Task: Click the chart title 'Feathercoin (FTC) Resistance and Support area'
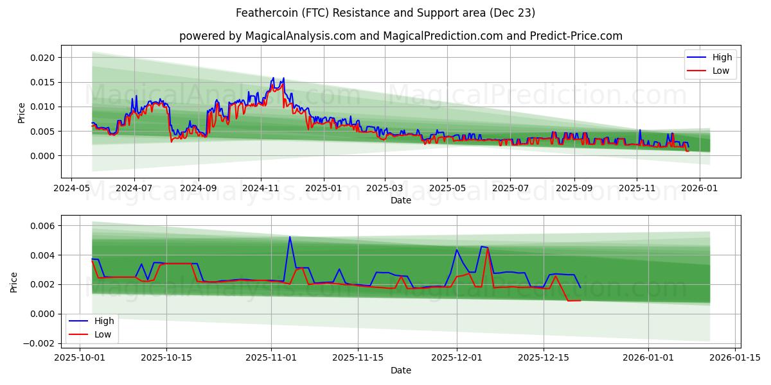385,13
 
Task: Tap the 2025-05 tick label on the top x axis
448,189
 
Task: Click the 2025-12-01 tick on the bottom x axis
457,357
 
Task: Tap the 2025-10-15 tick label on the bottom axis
166,357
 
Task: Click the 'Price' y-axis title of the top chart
21,112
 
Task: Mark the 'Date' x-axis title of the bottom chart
400,370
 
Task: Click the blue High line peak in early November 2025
290,237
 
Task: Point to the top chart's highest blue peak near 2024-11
273,78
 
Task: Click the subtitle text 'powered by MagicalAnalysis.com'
267,36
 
